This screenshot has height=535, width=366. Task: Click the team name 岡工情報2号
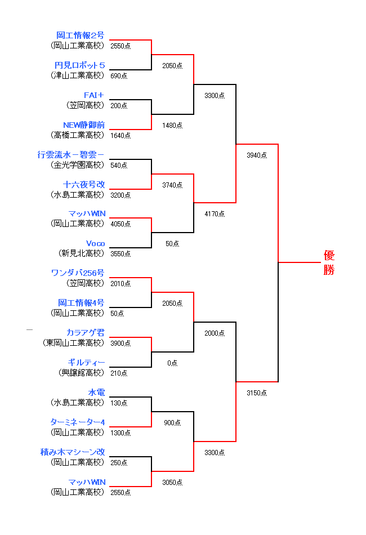(x=80, y=35)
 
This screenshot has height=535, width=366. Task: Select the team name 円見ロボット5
(x=79, y=65)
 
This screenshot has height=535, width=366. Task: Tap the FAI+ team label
(x=94, y=95)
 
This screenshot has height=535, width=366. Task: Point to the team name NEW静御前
(x=84, y=125)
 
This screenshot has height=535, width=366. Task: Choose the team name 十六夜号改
(x=84, y=185)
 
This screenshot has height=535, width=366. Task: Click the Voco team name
(x=95, y=244)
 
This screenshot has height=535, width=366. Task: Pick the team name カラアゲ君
(x=85, y=333)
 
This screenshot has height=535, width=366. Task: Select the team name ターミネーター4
(x=77, y=422)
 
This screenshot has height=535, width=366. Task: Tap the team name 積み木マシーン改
(x=73, y=452)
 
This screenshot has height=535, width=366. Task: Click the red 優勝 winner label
(x=329, y=262)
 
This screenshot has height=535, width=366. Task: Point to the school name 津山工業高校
(x=78, y=75)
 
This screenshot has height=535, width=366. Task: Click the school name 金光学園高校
(x=78, y=165)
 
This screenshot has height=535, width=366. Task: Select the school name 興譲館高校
(x=82, y=373)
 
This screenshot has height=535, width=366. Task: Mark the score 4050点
(x=120, y=224)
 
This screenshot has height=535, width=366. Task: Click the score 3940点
(x=257, y=155)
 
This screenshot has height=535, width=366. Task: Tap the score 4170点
(x=215, y=214)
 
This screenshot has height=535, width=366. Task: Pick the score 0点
(x=172, y=363)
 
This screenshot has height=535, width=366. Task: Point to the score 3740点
(x=172, y=185)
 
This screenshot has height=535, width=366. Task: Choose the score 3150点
(x=257, y=393)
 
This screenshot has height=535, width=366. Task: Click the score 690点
(x=119, y=75)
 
